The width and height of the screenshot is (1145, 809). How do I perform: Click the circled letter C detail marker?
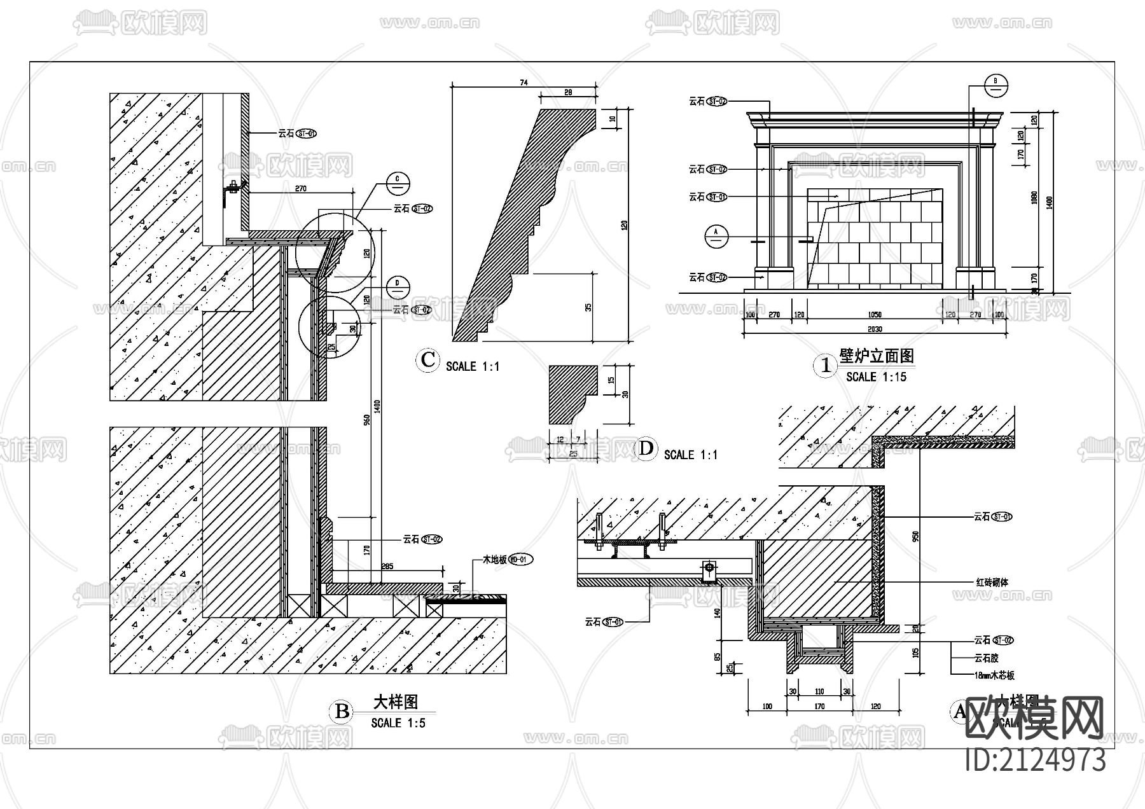click(428, 361)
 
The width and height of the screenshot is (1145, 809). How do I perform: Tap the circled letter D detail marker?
click(646, 449)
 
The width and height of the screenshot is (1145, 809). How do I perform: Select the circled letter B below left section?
click(342, 711)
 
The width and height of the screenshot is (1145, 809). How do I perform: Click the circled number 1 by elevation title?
click(826, 366)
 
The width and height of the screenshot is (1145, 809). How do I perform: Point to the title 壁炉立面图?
click(877, 356)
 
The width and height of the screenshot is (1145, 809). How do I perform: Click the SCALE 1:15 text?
click(876, 377)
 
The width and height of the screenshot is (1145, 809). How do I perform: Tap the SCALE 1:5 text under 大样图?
click(398, 723)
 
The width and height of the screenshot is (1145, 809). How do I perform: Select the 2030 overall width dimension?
click(875, 329)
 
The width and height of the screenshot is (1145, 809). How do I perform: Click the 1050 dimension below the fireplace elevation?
click(875, 315)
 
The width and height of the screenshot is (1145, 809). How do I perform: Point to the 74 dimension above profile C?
click(524, 82)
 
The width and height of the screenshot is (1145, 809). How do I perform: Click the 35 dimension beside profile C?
click(588, 307)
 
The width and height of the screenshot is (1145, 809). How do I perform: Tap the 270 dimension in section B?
click(301, 188)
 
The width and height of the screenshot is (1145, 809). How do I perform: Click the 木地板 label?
click(494, 560)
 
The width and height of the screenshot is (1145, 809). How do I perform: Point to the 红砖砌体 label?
click(992, 582)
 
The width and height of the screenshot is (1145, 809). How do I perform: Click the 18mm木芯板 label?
click(994, 675)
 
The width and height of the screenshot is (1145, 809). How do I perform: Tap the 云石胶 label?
click(986, 658)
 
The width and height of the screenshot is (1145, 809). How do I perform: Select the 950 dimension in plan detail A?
click(916, 536)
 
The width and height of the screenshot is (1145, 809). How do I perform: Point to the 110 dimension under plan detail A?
click(819, 691)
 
